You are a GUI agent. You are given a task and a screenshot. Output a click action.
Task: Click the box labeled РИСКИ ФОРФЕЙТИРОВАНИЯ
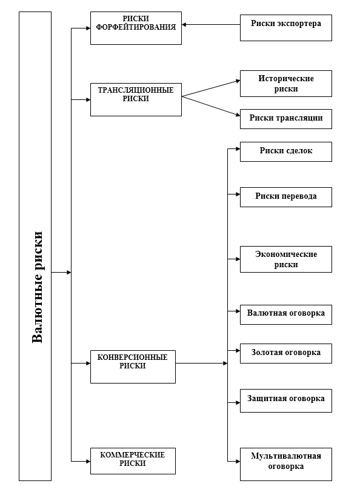click(x=136, y=28)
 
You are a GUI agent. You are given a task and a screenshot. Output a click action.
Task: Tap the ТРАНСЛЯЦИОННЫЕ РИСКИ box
click(x=136, y=99)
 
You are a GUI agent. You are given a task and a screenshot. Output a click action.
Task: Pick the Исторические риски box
click(x=285, y=84)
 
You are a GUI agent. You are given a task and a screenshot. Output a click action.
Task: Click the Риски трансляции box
click(x=285, y=119)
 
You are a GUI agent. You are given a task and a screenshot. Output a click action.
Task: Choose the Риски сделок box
click(x=285, y=152)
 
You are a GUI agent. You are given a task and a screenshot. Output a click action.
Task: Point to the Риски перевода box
click(x=285, y=197)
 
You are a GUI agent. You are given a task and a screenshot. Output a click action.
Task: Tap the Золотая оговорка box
click(x=285, y=353)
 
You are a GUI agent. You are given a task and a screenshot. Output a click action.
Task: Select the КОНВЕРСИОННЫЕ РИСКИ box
click(x=133, y=366)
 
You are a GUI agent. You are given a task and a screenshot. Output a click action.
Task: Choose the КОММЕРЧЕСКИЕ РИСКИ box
click(x=133, y=460)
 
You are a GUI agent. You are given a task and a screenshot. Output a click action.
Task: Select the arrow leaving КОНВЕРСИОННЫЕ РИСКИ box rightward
click(x=201, y=364)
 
